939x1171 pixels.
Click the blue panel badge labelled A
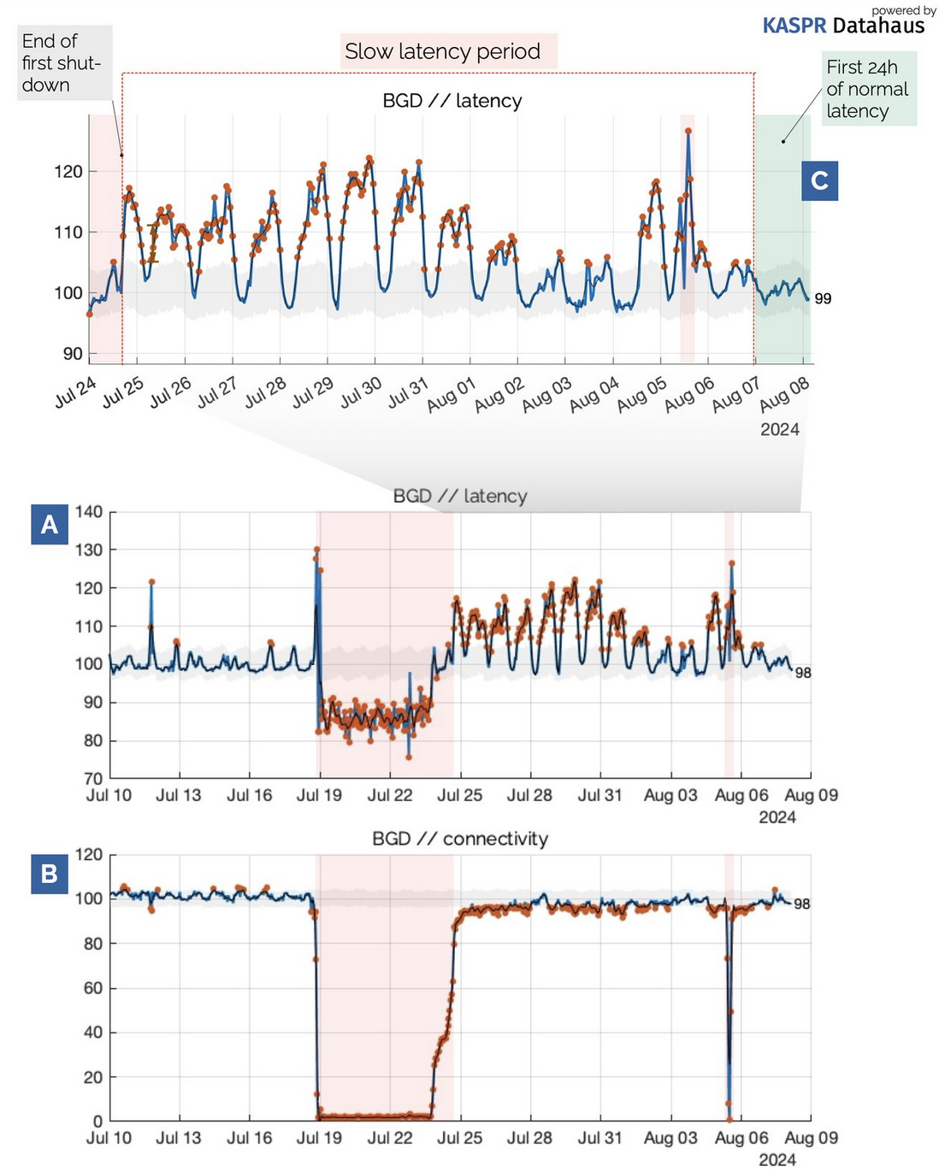pyautogui.click(x=50, y=524)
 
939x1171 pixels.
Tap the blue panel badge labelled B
pyautogui.click(x=50, y=874)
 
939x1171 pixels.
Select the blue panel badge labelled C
pyautogui.click(x=819, y=180)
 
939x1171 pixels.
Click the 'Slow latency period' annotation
pyautogui.click(x=442, y=51)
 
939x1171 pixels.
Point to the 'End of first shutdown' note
pyautogui.click(x=63, y=63)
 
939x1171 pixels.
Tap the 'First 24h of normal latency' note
pyautogui.click(x=868, y=89)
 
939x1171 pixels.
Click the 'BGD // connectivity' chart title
pyautogui.click(x=460, y=839)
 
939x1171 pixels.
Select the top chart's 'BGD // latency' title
pyautogui.click(x=452, y=101)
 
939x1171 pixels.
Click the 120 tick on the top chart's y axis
pyautogui.click(x=68, y=171)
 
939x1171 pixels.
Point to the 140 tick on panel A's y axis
pyautogui.click(x=89, y=512)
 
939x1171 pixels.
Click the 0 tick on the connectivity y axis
pyautogui.click(x=97, y=1121)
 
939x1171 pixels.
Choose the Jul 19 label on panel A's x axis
pyautogui.click(x=319, y=795)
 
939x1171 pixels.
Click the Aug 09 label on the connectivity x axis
pyautogui.click(x=811, y=1138)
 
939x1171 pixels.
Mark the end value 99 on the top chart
pyautogui.click(x=823, y=298)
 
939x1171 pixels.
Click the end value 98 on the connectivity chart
pyautogui.click(x=801, y=903)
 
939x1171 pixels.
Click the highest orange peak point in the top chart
pyautogui.click(x=688, y=131)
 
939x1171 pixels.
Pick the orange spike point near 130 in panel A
pyautogui.click(x=316, y=550)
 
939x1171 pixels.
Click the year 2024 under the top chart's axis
pyautogui.click(x=779, y=429)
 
